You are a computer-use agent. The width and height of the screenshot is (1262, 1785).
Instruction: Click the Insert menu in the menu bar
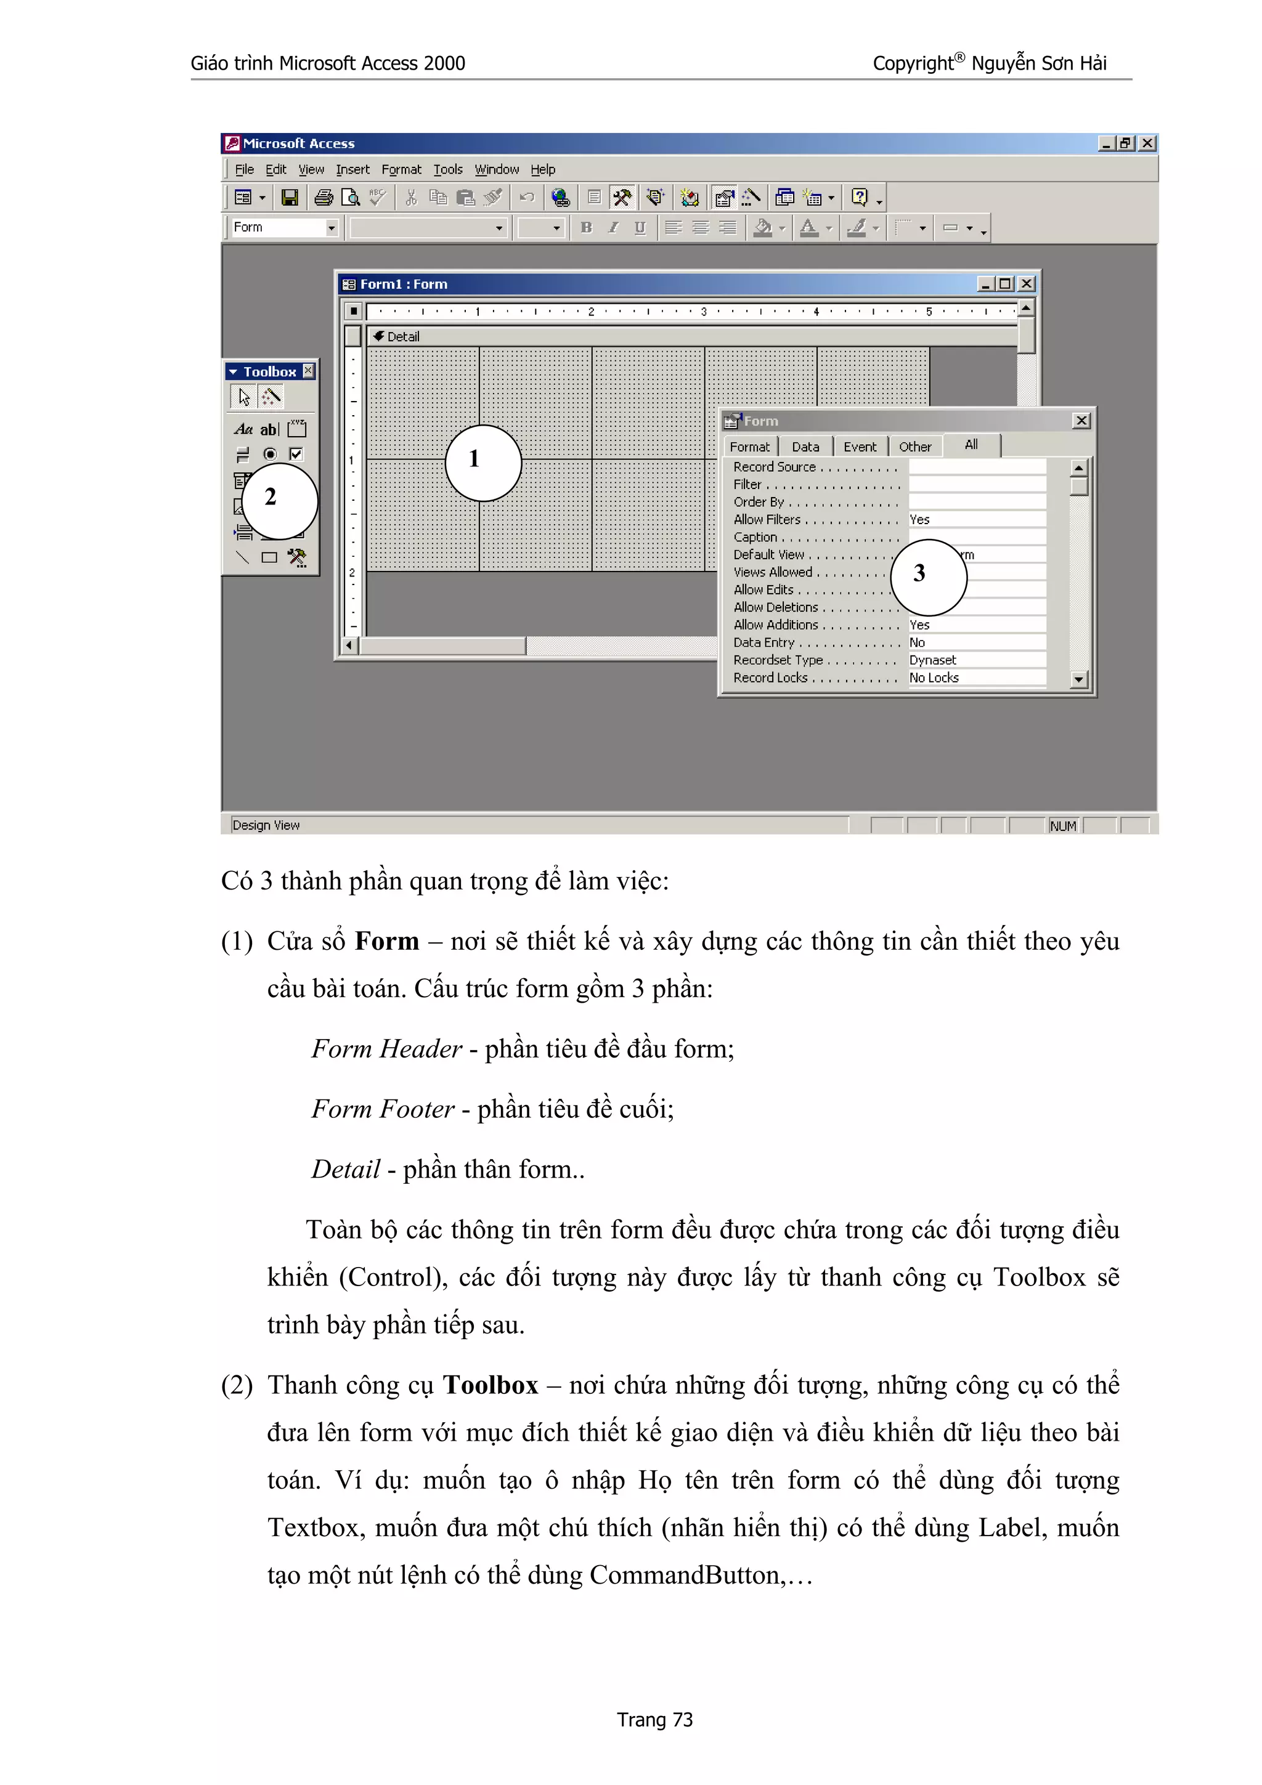coord(352,169)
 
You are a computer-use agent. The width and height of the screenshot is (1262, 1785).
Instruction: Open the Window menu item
coord(496,169)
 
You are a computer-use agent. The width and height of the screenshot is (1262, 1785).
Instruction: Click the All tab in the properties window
coord(971,445)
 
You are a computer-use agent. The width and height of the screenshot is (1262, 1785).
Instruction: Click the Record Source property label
coord(774,466)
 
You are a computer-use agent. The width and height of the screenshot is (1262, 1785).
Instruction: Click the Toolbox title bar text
coord(269,371)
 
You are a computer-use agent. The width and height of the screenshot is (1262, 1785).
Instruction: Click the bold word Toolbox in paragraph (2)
coord(490,1385)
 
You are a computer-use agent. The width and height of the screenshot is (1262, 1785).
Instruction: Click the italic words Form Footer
coord(383,1109)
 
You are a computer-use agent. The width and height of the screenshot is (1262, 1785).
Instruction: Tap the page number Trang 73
coord(654,1720)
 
